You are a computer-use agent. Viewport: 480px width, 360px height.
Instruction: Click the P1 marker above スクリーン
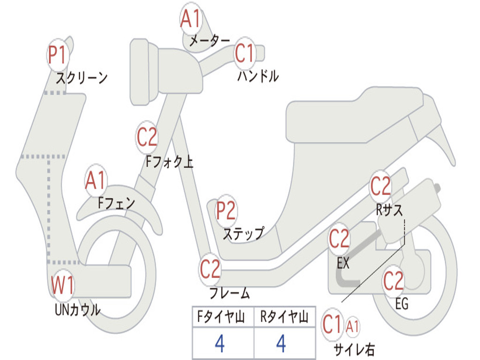click(x=59, y=55)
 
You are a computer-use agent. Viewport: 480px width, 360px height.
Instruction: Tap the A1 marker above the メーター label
click(x=191, y=20)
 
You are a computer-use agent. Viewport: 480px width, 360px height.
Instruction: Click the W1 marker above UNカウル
click(x=63, y=285)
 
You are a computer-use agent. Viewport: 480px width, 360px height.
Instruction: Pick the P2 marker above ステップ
click(x=226, y=211)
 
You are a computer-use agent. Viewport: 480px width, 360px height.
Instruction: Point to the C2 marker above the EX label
click(x=339, y=240)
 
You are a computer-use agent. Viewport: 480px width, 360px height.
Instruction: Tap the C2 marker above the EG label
click(x=393, y=281)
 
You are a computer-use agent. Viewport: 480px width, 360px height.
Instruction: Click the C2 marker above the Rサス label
click(x=381, y=187)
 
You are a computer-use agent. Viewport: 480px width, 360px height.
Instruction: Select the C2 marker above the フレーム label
click(x=210, y=269)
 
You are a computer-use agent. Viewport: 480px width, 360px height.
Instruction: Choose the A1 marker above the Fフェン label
click(x=96, y=180)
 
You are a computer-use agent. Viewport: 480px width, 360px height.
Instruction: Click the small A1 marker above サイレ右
click(x=352, y=326)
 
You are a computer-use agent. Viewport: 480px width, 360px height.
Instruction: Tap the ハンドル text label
click(x=258, y=75)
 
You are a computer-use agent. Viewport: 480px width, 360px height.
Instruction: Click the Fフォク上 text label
click(x=169, y=162)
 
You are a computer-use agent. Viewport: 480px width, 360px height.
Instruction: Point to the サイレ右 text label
click(x=354, y=349)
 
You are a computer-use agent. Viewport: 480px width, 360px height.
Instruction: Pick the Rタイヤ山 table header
click(x=284, y=318)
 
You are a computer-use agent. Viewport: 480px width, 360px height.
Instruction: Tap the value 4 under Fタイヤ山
click(x=219, y=344)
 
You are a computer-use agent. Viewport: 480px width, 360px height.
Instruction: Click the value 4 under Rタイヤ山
click(x=281, y=344)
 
